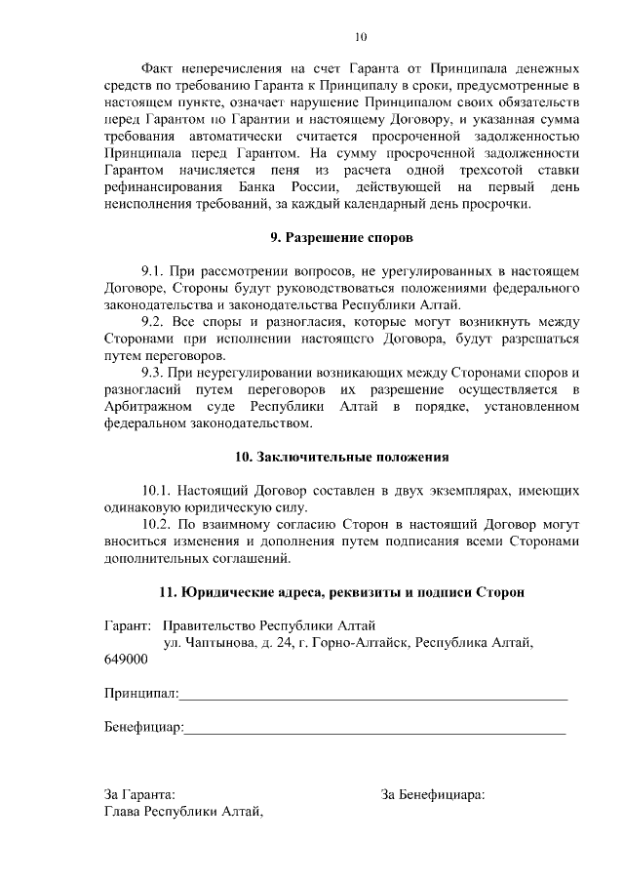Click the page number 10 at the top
pyautogui.click(x=361, y=37)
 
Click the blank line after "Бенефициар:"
pyautogui.click(x=374, y=728)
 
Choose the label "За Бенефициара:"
pyautogui.click(x=433, y=794)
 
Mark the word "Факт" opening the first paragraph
pyautogui.click(x=158, y=69)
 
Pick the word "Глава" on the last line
pyautogui.click(x=122, y=812)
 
